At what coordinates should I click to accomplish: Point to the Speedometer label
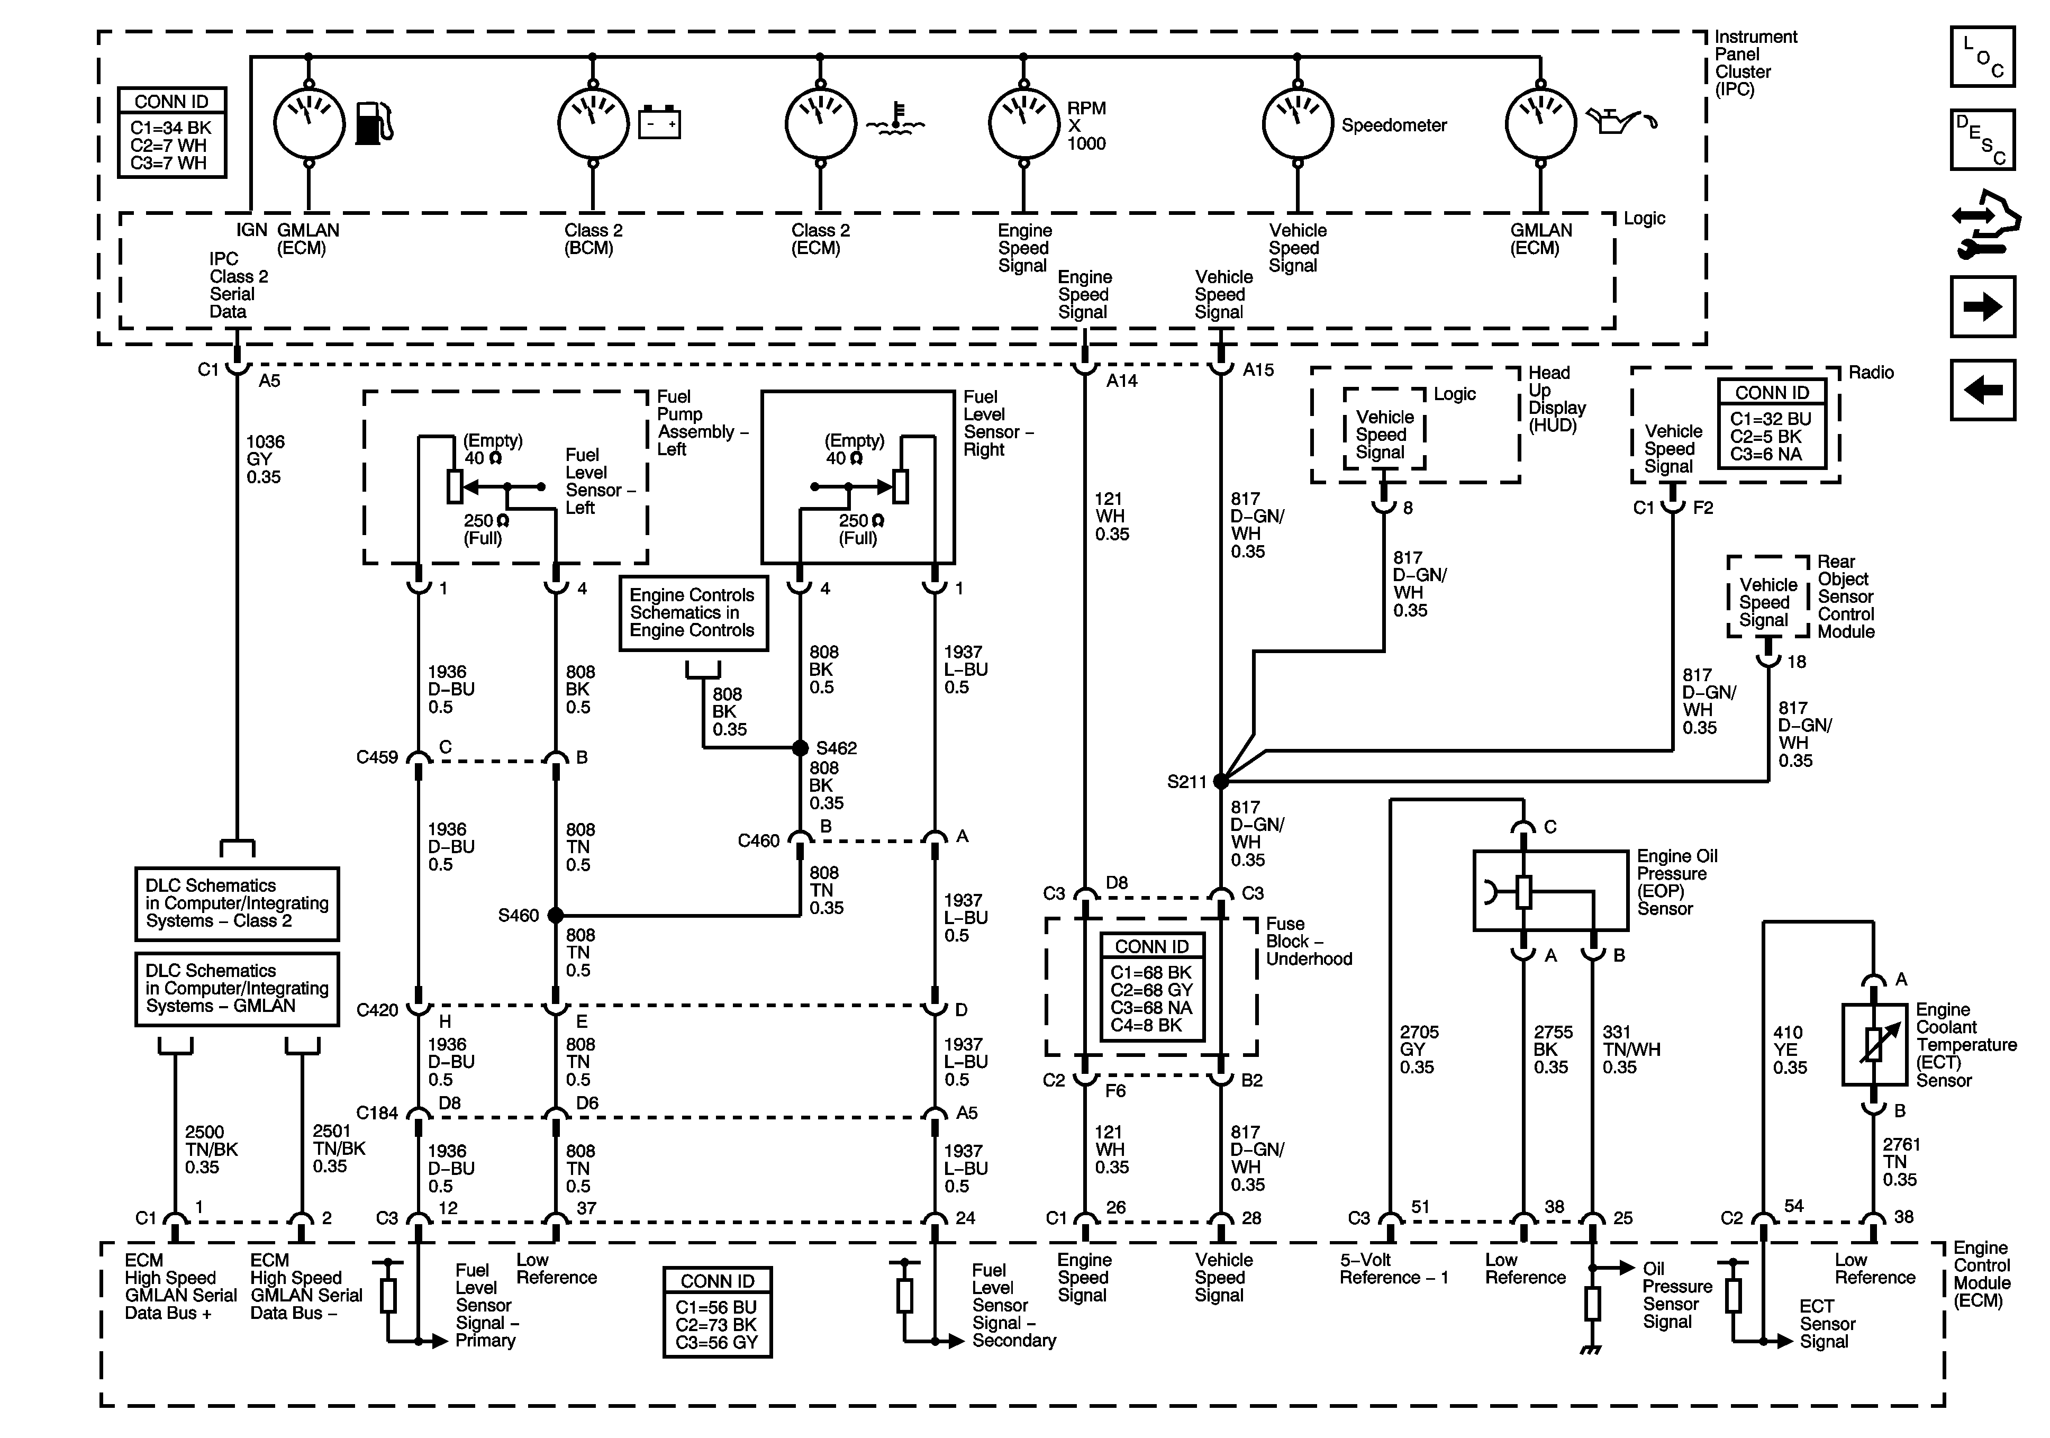point(1394,125)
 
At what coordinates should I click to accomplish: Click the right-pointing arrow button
point(1983,306)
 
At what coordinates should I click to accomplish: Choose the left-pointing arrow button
point(1983,390)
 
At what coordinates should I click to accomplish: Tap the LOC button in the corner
point(1983,56)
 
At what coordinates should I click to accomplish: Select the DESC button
point(1983,139)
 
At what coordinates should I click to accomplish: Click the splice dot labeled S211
point(1221,781)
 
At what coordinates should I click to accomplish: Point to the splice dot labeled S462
point(800,748)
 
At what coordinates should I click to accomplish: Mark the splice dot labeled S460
point(555,915)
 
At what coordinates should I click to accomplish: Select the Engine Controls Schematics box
point(693,613)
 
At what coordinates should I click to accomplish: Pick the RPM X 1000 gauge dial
point(1023,123)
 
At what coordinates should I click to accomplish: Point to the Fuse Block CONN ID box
point(1152,987)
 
